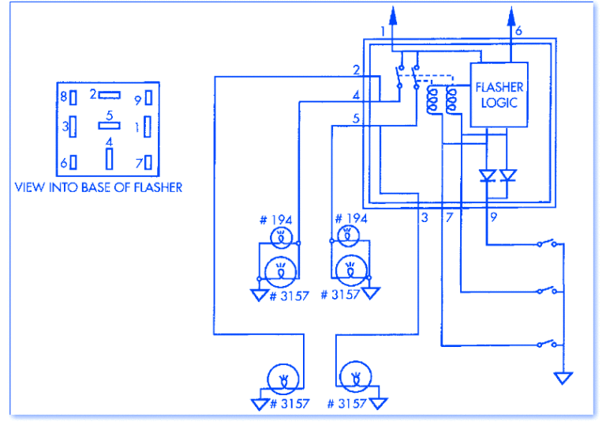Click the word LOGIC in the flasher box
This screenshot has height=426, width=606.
(497, 103)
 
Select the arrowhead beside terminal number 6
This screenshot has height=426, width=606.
(510, 15)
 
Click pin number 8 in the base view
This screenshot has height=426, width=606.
(63, 98)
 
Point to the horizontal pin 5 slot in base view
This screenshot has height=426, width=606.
(109, 126)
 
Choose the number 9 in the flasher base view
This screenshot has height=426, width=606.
(137, 99)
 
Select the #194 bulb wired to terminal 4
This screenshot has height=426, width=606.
(279, 236)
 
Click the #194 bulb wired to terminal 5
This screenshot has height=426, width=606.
(346, 236)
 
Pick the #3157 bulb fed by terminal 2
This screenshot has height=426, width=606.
(280, 379)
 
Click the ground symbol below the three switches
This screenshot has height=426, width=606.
(563, 377)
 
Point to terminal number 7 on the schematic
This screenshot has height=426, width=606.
(448, 217)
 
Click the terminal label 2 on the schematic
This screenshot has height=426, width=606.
(357, 70)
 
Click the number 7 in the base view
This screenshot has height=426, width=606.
(137, 163)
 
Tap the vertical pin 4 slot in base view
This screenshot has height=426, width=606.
(109, 159)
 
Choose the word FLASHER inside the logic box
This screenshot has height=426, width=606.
(499, 87)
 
